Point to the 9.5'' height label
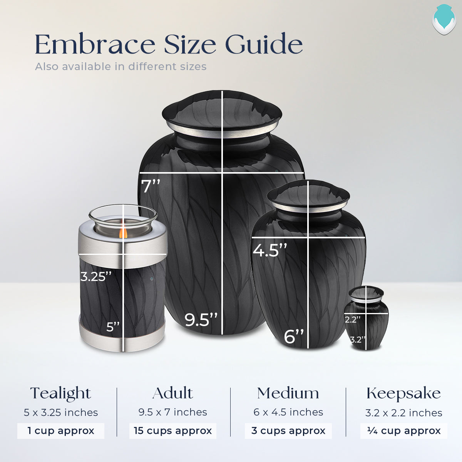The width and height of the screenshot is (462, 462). coord(201,320)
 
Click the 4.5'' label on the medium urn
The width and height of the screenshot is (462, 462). coord(270,250)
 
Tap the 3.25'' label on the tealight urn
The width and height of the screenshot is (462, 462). coord(96,276)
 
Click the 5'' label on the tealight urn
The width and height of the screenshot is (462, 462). coord(113,327)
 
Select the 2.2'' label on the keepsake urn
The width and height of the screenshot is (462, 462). coord(353,319)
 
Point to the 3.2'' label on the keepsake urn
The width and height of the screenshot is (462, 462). coord(358,340)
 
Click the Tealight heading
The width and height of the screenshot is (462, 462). coord(61,393)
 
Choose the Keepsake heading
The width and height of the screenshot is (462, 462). coord(403,393)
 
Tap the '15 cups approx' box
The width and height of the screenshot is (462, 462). coord(173,431)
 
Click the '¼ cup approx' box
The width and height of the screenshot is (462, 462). coord(404,431)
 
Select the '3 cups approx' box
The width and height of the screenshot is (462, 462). coord(288,431)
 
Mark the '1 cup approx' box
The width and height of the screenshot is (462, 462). coord(61,431)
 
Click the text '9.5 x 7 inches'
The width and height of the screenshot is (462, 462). coord(173,412)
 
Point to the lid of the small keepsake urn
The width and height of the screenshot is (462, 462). coord(367,294)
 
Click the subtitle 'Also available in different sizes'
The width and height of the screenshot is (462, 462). coord(121,67)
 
